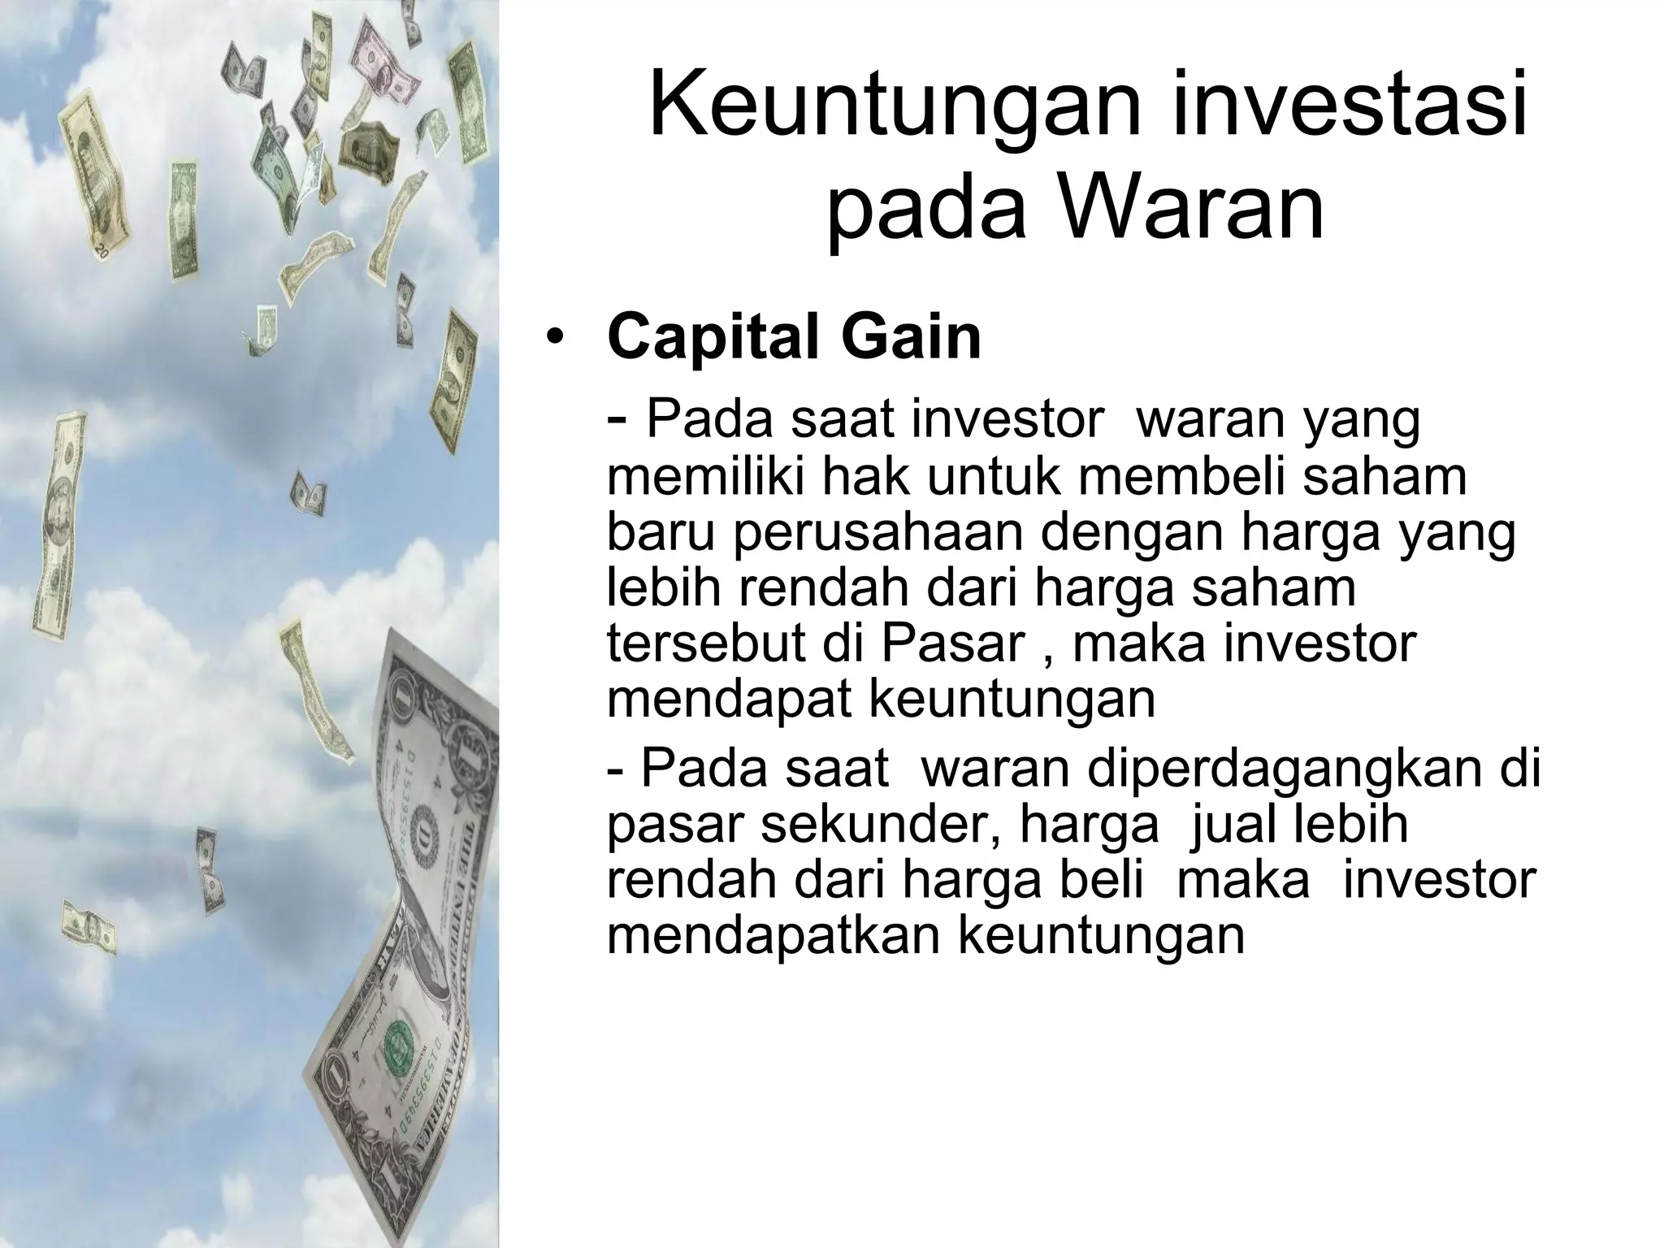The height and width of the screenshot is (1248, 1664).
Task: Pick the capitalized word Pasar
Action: (x=954, y=643)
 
